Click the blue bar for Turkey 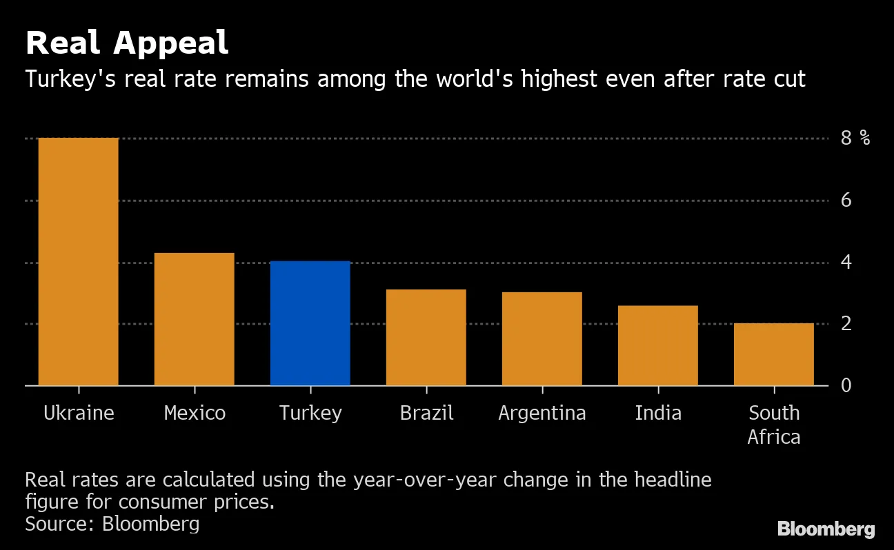point(310,323)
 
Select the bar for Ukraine point(78,262)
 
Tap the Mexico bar point(194,319)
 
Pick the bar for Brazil point(426,337)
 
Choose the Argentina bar point(542,338)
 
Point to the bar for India point(657,345)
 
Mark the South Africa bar point(773,354)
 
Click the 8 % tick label point(855,139)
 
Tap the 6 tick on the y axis point(846,201)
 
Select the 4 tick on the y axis point(846,263)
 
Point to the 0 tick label point(846,385)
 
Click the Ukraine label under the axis point(79,413)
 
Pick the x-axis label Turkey point(310,413)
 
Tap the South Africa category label point(774,425)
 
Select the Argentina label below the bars point(542,413)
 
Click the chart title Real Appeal point(126,43)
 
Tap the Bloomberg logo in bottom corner point(826,529)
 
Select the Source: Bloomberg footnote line point(112,524)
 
